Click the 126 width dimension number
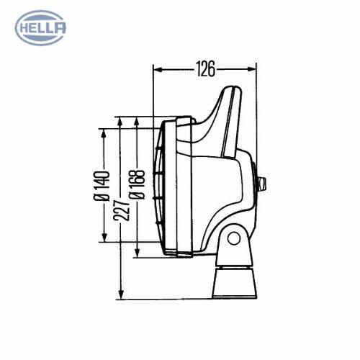coord(206,69)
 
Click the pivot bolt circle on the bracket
coord(234,238)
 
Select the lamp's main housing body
coord(216,187)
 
